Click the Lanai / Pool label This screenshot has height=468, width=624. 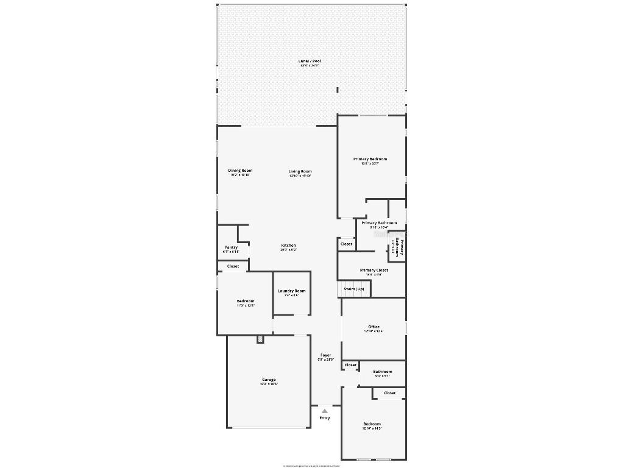coord(310,61)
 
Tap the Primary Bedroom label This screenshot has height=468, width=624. coord(370,159)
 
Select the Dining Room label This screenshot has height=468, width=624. coord(240,171)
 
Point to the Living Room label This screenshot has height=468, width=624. coord(300,171)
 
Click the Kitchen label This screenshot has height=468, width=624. coord(288,246)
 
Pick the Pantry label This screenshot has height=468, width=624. coord(231,247)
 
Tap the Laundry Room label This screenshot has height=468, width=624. coord(291,291)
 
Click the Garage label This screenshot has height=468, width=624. coord(269,380)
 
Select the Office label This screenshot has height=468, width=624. coord(374,327)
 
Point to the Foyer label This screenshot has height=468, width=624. coord(326,355)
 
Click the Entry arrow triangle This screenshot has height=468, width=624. coord(325,411)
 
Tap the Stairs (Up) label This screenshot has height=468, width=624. coord(354,288)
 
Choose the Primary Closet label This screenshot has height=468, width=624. coord(374,270)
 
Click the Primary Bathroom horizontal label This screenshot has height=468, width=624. coord(378,223)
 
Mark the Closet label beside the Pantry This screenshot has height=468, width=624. coord(233,266)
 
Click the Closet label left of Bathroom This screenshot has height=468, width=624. coord(350,365)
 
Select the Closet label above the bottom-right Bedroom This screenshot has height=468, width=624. coord(389,393)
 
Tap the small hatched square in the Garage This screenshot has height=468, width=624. coord(260,339)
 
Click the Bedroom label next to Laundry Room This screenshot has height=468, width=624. coord(246,301)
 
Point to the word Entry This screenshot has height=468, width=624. coord(325,418)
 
